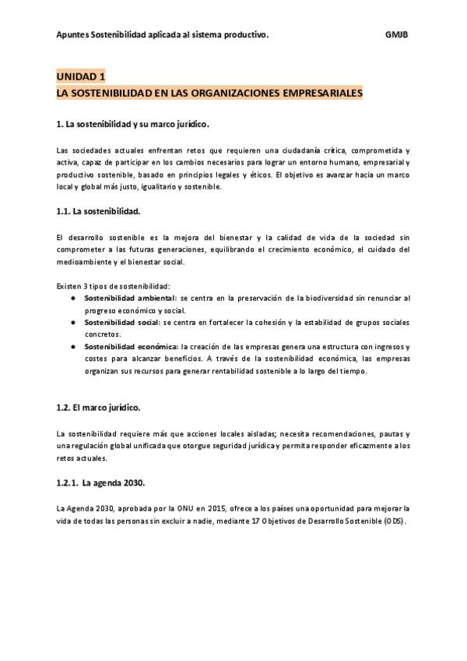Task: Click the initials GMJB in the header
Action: (x=397, y=35)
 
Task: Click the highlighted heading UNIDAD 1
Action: (x=80, y=76)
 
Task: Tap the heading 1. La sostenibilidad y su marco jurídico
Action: (x=132, y=124)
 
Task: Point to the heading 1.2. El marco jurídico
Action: (x=98, y=408)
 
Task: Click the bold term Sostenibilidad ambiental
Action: (x=130, y=299)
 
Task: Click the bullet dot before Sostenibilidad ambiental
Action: (x=72, y=299)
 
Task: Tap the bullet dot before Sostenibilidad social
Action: (x=72, y=322)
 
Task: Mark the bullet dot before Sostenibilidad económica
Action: (x=72, y=346)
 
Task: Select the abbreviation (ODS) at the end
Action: (x=394, y=520)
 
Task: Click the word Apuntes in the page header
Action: (x=72, y=35)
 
